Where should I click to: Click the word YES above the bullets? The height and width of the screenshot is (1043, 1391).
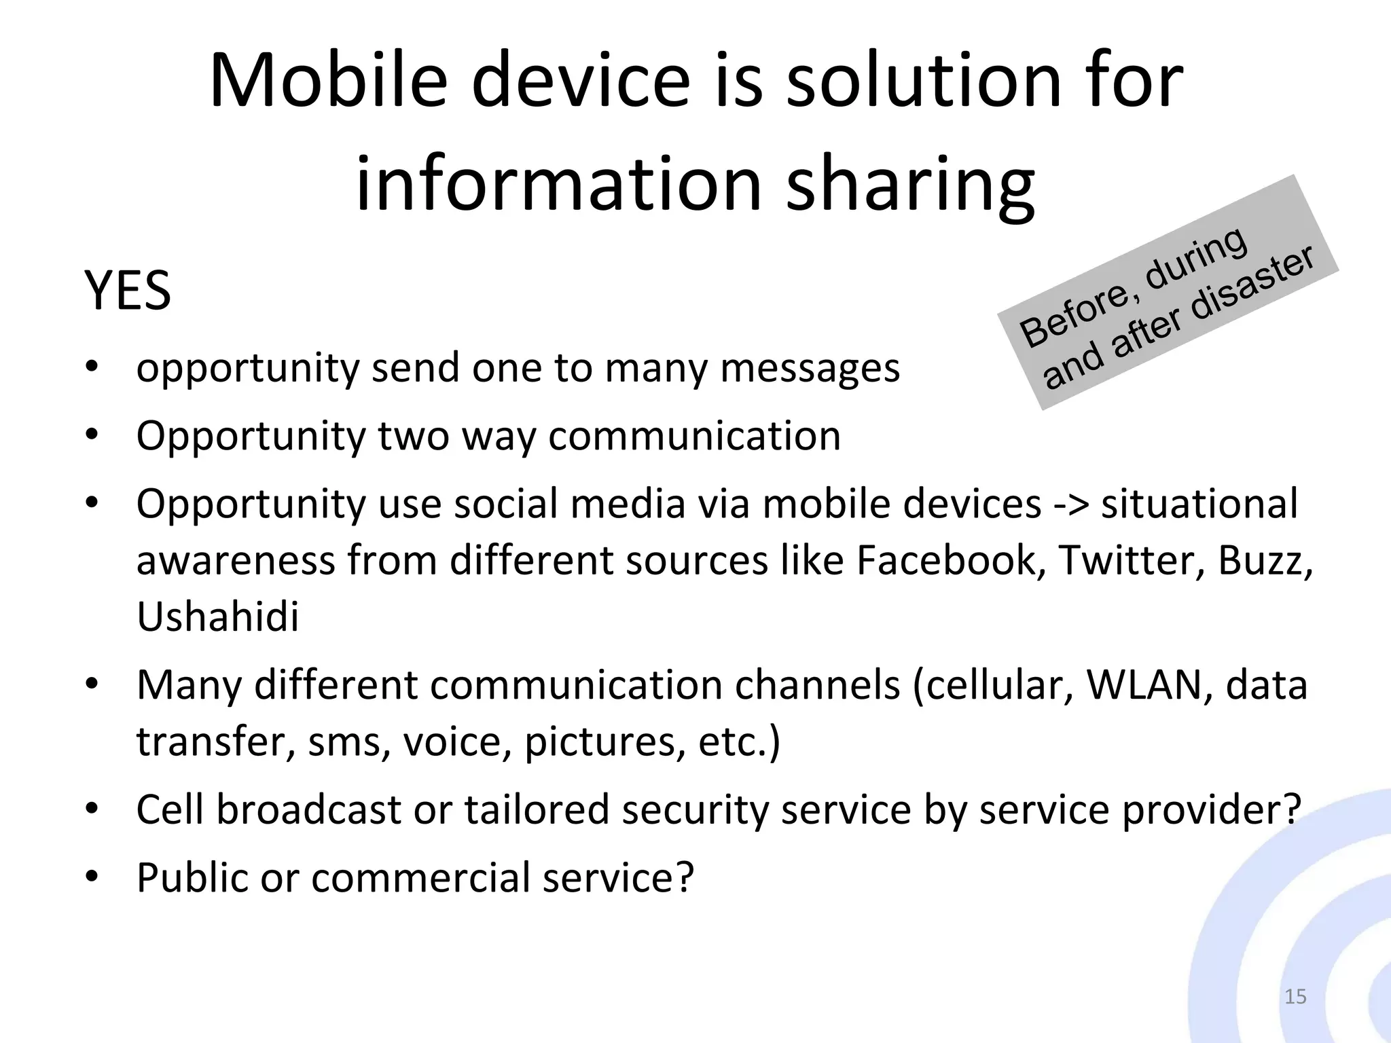click(127, 291)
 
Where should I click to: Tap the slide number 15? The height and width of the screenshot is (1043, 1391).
click(1295, 997)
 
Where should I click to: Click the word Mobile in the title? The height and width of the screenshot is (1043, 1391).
click(328, 81)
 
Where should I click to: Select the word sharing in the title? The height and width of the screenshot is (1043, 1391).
click(909, 185)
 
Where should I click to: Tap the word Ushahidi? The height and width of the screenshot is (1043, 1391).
click(217, 617)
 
